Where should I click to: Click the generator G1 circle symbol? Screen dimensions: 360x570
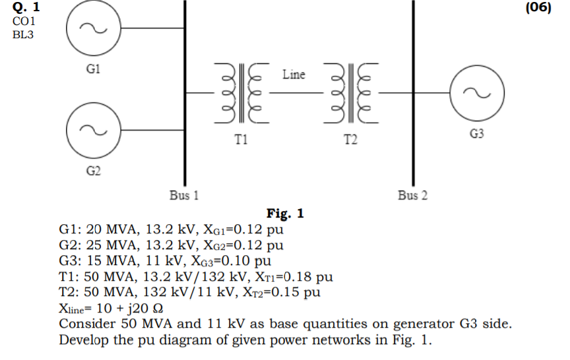(x=93, y=28)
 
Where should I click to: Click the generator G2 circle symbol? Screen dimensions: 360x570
(x=93, y=130)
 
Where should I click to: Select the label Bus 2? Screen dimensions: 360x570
(x=412, y=195)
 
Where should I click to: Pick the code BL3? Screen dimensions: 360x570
(x=23, y=34)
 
